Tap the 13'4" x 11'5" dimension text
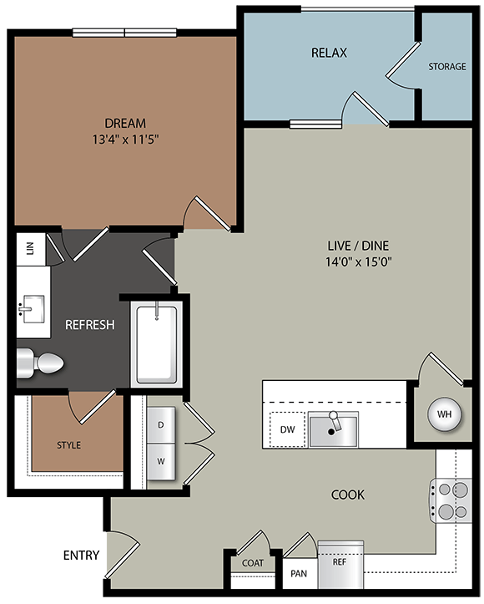click(x=127, y=139)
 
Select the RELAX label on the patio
click(x=329, y=53)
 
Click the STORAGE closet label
click(x=446, y=67)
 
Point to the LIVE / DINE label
click(x=358, y=246)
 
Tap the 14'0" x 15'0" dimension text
click(x=358, y=261)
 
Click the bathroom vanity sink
click(x=33, y=307)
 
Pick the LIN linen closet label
click(x=30, y=250)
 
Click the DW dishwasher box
click(x=287, y=430)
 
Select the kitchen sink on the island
click(x=332, y=429)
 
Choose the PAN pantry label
click(x=299, y=574)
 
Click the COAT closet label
click(x=252, y=563)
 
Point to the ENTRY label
click(x=81, y=555)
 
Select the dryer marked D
click(x=160, y=425)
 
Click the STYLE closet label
click(x=68, y=445)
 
